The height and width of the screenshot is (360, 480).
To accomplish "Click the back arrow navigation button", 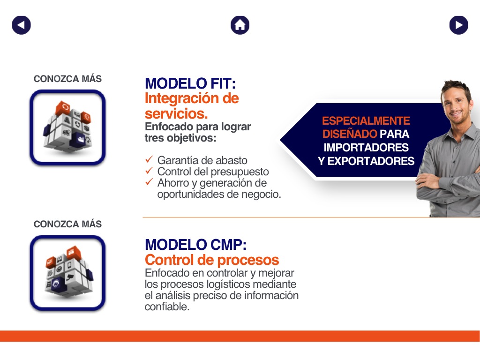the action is tap(22, 25).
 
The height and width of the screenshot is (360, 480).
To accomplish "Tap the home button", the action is tap(240, 25).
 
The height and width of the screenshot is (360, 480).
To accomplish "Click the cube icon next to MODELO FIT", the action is tap(67, 127).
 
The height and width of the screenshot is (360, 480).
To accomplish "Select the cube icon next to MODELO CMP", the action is tap(67, 273).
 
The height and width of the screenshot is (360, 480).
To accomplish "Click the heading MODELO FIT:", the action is tap(190, 83).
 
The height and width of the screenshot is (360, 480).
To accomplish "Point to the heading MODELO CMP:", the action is tap(195, 245).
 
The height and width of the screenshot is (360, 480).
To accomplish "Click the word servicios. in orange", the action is tap(176, 114).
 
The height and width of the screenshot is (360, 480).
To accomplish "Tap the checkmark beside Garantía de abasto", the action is tap(149, 159).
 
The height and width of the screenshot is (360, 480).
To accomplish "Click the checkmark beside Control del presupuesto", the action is tap(149, 171).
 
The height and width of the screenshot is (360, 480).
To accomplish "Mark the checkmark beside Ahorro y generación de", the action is tap(149, 182).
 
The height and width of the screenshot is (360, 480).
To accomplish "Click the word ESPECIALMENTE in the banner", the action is tap(366, 121).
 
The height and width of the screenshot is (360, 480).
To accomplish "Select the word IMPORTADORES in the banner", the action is tap(366, 148).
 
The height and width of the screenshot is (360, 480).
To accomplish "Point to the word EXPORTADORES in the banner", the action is tap(371, 161).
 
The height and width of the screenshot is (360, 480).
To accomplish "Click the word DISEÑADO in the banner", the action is tap(350, 134).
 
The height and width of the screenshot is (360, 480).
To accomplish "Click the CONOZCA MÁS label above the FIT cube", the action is tap(67, 79).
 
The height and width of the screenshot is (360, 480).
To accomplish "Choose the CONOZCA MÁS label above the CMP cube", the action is tap(67, 224).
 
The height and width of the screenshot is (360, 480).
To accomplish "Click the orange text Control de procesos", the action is tap(212, 260).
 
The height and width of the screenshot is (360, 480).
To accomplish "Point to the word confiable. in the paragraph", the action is tap(167, 307).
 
